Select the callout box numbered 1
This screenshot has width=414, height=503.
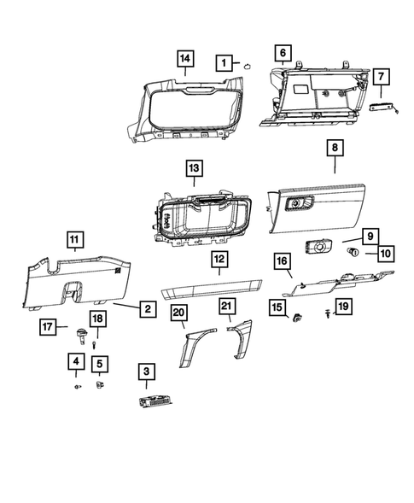[x=223, y=62]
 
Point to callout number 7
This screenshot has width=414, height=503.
[x=380, y=78]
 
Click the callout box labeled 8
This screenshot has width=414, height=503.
[x=335, y=149]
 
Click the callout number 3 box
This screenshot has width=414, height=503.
[x=147, y=371]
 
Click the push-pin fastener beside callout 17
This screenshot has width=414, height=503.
[x=82, y=334]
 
